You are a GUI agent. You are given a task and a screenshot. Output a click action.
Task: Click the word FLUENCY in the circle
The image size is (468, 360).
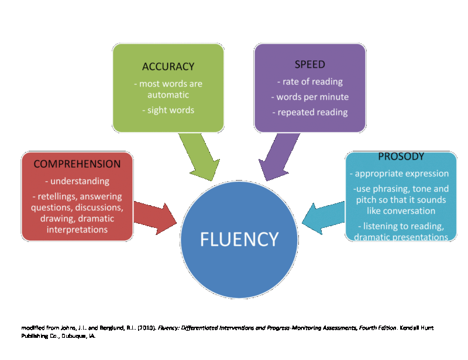coord(240,239)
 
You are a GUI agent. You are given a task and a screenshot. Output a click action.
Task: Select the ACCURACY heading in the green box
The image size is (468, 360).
coord(168,67)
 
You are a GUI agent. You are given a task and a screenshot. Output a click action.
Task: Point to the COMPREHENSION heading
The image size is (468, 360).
coord(77,164)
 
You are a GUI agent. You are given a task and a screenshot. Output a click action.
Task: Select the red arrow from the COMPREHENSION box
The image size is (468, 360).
coord(155,217)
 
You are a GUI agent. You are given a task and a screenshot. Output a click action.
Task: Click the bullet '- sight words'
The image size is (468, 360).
coord(168,110)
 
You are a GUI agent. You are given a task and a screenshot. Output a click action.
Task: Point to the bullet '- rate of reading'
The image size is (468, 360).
coord(310,82)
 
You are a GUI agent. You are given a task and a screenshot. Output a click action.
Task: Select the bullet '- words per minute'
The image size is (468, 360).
coord(310,97)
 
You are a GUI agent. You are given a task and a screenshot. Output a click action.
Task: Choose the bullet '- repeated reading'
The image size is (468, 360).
coord(310,112)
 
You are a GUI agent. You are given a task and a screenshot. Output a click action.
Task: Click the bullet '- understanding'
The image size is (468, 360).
coord(77,182)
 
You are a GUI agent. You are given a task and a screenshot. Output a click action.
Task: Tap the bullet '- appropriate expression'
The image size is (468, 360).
coord(401,174)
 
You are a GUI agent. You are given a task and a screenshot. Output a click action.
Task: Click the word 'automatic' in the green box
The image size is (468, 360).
coord(168,95)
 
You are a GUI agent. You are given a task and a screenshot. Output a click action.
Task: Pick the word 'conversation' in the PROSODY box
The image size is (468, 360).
coord(401,210)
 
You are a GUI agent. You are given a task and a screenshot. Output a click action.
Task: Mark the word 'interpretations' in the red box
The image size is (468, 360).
coord(77,230)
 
